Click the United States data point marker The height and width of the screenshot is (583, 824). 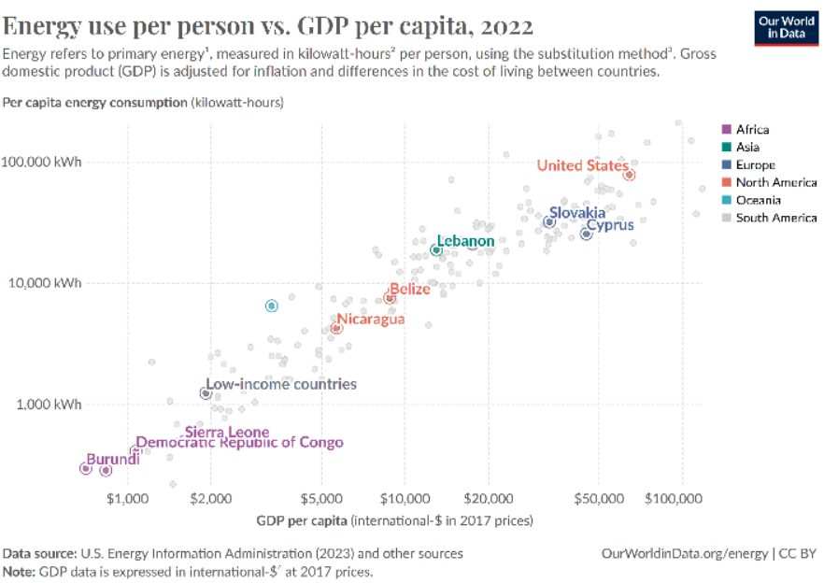630,175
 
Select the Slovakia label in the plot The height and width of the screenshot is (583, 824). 576,213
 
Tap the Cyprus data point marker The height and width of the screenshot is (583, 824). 586,234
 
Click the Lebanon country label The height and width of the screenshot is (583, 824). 465,241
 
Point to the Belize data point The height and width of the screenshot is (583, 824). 390,298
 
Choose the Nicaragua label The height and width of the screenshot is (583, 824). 371,320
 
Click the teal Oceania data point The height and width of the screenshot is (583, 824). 271,306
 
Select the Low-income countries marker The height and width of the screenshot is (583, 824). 206,393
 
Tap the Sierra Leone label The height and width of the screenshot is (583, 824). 227,432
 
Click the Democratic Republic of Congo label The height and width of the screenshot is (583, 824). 239,443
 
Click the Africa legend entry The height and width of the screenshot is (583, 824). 752,130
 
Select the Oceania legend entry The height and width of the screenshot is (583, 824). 758,200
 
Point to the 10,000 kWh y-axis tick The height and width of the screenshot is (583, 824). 42,282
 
